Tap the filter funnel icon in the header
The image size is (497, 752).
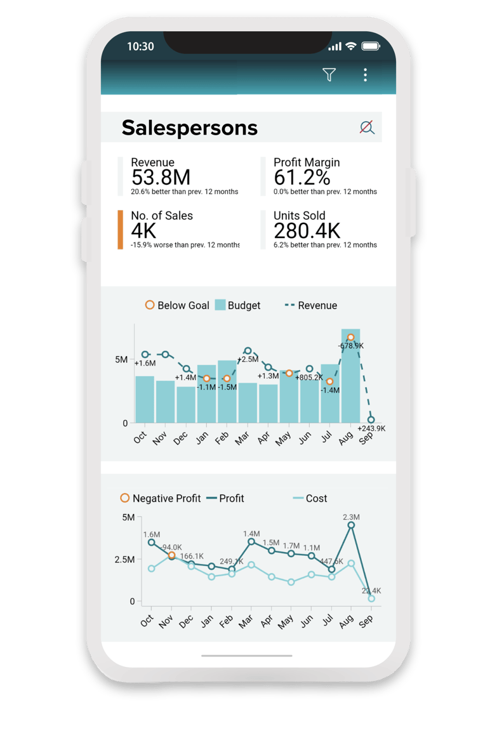point(329,75)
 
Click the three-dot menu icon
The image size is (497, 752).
point(365,75)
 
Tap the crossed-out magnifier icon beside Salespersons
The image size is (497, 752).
point(367,127)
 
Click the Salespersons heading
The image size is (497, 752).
point(189,128)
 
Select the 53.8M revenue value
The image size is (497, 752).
point(161,178)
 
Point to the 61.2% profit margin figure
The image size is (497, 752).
point(302,178)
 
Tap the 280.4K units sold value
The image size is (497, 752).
point(307,231)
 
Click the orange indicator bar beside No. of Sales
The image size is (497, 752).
point(120,230)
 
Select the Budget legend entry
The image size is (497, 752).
point(237,305)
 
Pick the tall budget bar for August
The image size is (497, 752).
point(350,376)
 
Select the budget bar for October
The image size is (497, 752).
point(145,399)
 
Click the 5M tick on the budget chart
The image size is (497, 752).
point(121,360)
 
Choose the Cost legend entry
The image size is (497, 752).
point(310,498)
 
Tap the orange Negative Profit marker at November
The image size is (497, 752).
point(171,555)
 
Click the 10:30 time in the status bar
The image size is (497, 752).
point(140,46)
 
